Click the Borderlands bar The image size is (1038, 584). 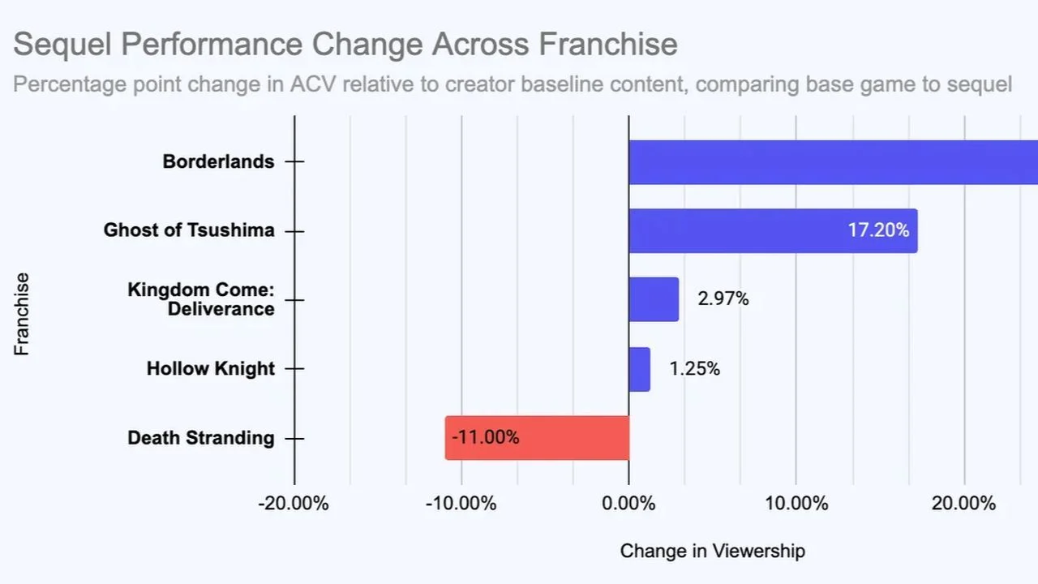coord(833,162)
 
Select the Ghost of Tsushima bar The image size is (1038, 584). coord(773,230)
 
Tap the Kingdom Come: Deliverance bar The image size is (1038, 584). coord(654,299)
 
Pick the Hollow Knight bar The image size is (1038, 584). coord(639,369)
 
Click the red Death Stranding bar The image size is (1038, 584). coord(537,438)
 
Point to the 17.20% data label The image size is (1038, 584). coord(878,230)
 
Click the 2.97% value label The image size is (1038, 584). coord(723,299)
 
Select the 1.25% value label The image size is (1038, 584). coord(694,369)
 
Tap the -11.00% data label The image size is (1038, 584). coord(485,438)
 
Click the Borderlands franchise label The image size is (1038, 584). coord(218,161)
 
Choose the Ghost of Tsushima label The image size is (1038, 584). coord(189,230)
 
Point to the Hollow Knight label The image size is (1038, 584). coord(211,369)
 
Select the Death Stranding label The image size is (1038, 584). coord(201,438)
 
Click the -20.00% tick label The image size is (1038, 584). coord(294,504)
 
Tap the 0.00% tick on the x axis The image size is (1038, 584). coord(628,504)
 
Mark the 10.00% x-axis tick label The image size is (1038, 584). coord(796,504)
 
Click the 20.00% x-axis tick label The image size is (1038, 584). coord(963,504)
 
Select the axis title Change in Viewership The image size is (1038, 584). coord(712,552)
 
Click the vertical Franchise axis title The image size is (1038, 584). coord(22,313)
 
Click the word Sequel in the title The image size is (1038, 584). coord(62,44)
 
